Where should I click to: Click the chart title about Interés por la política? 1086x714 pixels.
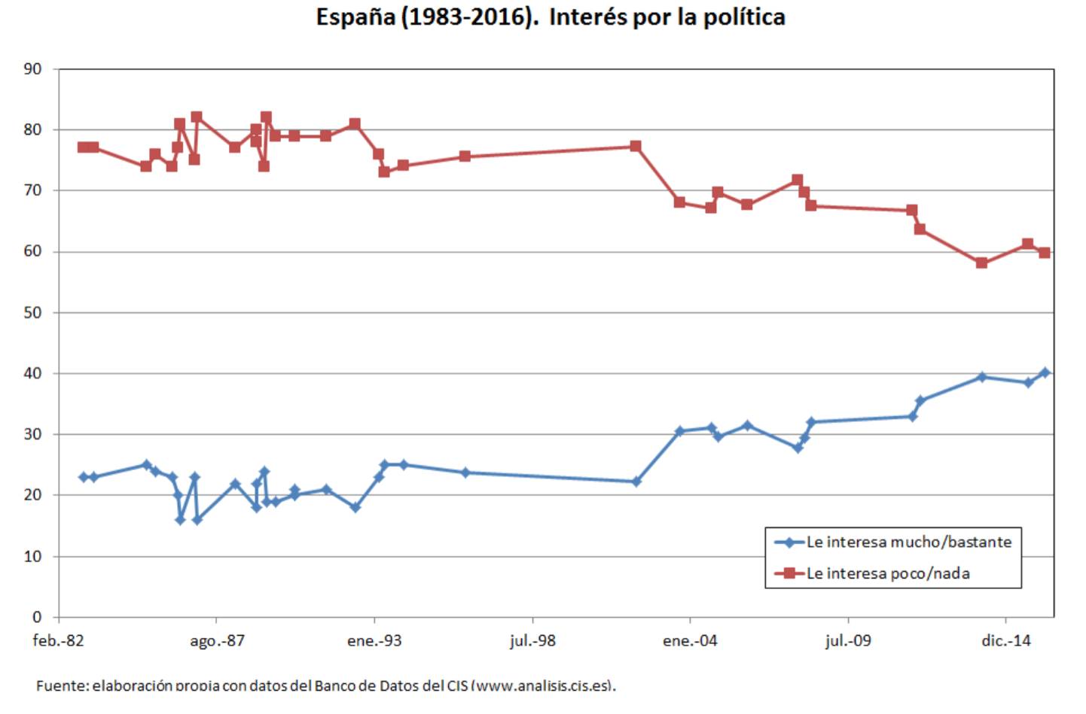pyautogui.click(x=550, y=17)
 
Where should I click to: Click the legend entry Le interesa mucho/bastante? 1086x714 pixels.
pyautogui.click(x=908, y=542)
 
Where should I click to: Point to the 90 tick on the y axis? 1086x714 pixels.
pyautogui.click(x=32, y=69)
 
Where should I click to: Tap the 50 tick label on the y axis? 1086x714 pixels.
pyautogui.click(x=32, y=312)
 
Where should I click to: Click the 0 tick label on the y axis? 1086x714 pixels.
pyautogui.click(x=37, y=617)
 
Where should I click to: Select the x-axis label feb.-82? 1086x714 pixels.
pyautogui.click(x=59, y=641)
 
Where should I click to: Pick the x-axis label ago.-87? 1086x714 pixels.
pyautogui.click(x=217, y=641)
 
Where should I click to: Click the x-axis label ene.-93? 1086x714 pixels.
pyautogui.click(x=374, y=641)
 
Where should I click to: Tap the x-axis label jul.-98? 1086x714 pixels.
pyautogui.click(x=532, y=641)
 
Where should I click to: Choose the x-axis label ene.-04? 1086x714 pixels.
pyautogui.click(x=690, y=641)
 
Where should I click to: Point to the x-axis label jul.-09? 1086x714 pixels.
pyautogui.click(x=848, y=641)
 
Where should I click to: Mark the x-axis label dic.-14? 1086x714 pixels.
pyautogui.click(x=1005, y=641)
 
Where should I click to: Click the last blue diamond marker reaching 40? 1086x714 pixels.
pyautogui.click(x=1045, y=372)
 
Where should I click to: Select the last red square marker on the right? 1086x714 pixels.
pyautogui.click(x=1045, y=253)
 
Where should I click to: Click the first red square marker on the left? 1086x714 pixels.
pyautogui.click(x=83, y=147)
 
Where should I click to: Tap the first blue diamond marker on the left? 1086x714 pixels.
pyautogui.click(x=84, y=477)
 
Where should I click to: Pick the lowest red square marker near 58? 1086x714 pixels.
pyautogui.click(x=981, y=263)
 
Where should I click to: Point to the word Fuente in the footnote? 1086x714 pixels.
pyautogui.click(x=61, y=685)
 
